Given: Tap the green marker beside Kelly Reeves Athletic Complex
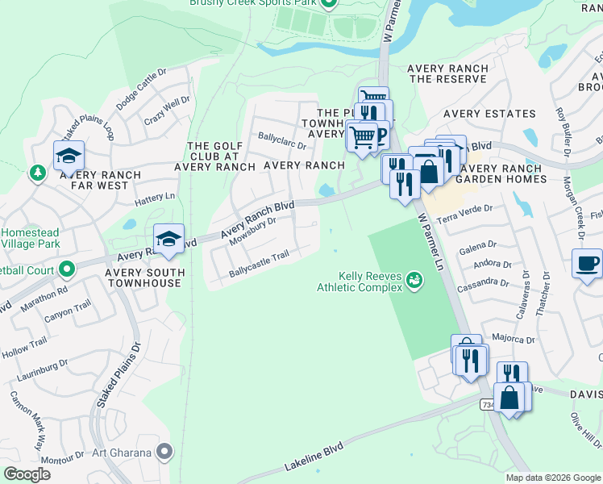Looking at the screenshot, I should [414, 280].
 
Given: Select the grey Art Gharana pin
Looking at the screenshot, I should [165, 452].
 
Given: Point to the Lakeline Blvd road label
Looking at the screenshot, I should [314, 457].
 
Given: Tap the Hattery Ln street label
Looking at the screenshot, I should [154, 197].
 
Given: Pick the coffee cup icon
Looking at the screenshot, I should [587, 263].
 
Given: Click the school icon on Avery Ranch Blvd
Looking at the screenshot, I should [168, 239].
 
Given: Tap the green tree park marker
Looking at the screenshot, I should [37, 173].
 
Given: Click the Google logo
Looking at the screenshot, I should [27, 474].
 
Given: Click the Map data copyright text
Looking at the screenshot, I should [553, 478].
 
